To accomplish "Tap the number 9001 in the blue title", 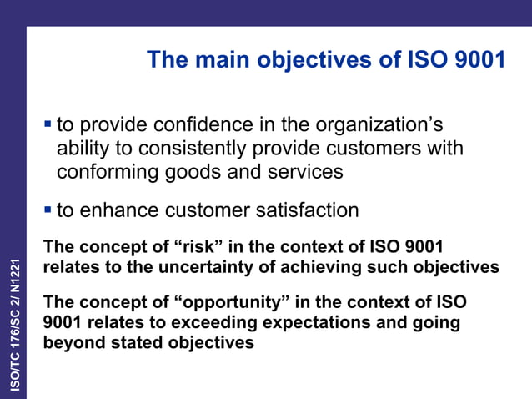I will [x=474, y=60].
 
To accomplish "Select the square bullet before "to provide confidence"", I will [x=48, y=125].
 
